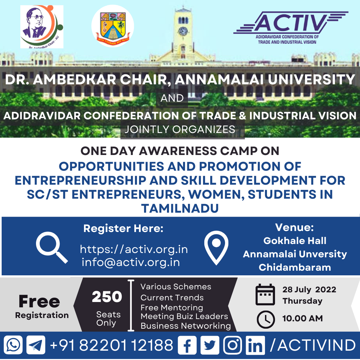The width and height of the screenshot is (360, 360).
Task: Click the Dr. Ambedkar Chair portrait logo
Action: [42, 27]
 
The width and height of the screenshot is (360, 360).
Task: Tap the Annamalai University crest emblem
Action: [113, 26]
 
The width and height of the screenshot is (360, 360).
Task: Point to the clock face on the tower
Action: [183, 31]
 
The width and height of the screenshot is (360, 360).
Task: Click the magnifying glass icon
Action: [52, 247]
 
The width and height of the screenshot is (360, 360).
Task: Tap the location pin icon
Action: [216, 248]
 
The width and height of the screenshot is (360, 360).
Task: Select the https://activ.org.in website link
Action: [134, 249]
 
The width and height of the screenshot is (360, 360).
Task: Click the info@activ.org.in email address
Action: [131, 262]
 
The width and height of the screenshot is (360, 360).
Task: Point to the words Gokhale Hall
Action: [295, 241]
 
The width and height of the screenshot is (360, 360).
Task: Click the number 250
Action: [107, 296]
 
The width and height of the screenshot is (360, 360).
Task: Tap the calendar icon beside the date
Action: [265, 294]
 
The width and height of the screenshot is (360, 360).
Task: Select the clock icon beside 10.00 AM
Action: [266, 319]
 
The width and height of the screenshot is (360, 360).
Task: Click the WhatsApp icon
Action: [13, 345]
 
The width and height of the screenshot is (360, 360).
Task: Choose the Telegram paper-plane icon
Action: [36, 345]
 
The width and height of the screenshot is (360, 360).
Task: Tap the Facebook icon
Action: [187, 345]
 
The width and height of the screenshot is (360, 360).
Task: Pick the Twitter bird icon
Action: [210, 345]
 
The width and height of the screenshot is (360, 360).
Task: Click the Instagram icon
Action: [233, 345]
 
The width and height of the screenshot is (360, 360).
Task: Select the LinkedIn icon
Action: [255, 345]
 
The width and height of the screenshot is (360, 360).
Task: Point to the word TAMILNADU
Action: [180, 208]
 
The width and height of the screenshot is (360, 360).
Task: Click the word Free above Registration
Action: [39, 301]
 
